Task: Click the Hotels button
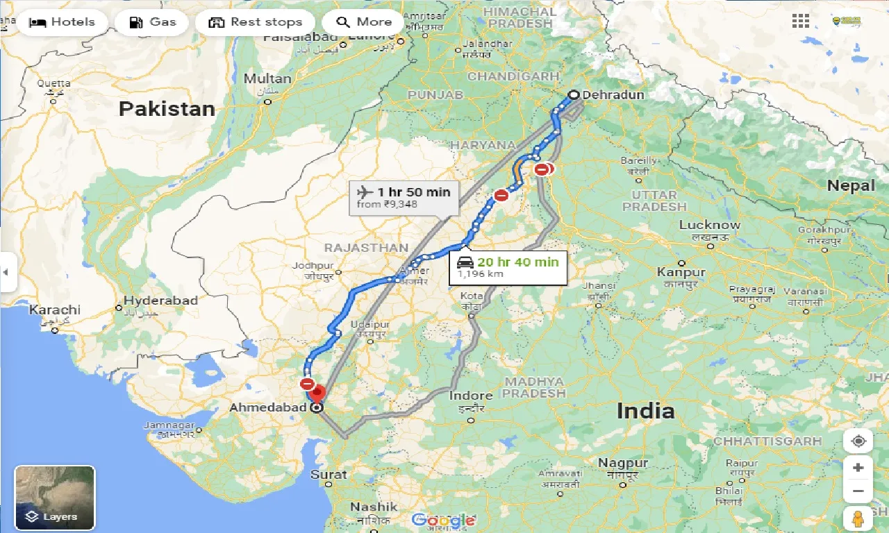[x=62, y=22]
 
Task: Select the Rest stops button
[x=256, y=22]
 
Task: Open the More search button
[x=363, y=22]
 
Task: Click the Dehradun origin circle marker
[x=574, y=95]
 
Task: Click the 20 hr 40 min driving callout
[x=508, y=266]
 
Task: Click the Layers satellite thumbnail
[x=55, y=496]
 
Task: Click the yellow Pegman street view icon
[x=858, y=518]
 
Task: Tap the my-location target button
[x=858, y=442]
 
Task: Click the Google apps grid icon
[x=801, y=21]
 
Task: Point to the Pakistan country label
[x=167, y=108]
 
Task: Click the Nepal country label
[x=851, y=185]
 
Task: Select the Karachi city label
[x=54, y=310]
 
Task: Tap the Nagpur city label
[x=623, y=463]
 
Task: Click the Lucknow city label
[x=710, y=225]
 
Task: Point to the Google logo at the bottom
[x=444, y=520]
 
